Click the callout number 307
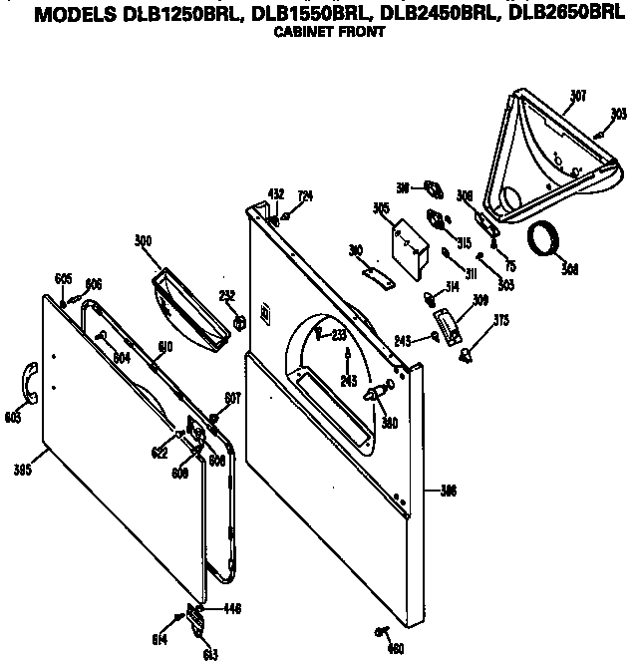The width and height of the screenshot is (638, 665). tap(578, 96)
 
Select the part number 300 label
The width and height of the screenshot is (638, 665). tap(143, 239)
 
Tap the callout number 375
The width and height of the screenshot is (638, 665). tap(499, 320)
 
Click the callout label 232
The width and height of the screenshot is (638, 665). tap(226, 293)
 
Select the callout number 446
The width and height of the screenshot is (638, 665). tap(231, 608)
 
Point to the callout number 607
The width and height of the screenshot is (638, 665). tap(233, 399)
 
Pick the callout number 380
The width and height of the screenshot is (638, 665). tap(391, 422)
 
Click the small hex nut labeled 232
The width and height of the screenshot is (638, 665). tap(239, 322)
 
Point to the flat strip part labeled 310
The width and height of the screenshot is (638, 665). tap(375, 272)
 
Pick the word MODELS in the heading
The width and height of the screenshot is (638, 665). tap(68, 13)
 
